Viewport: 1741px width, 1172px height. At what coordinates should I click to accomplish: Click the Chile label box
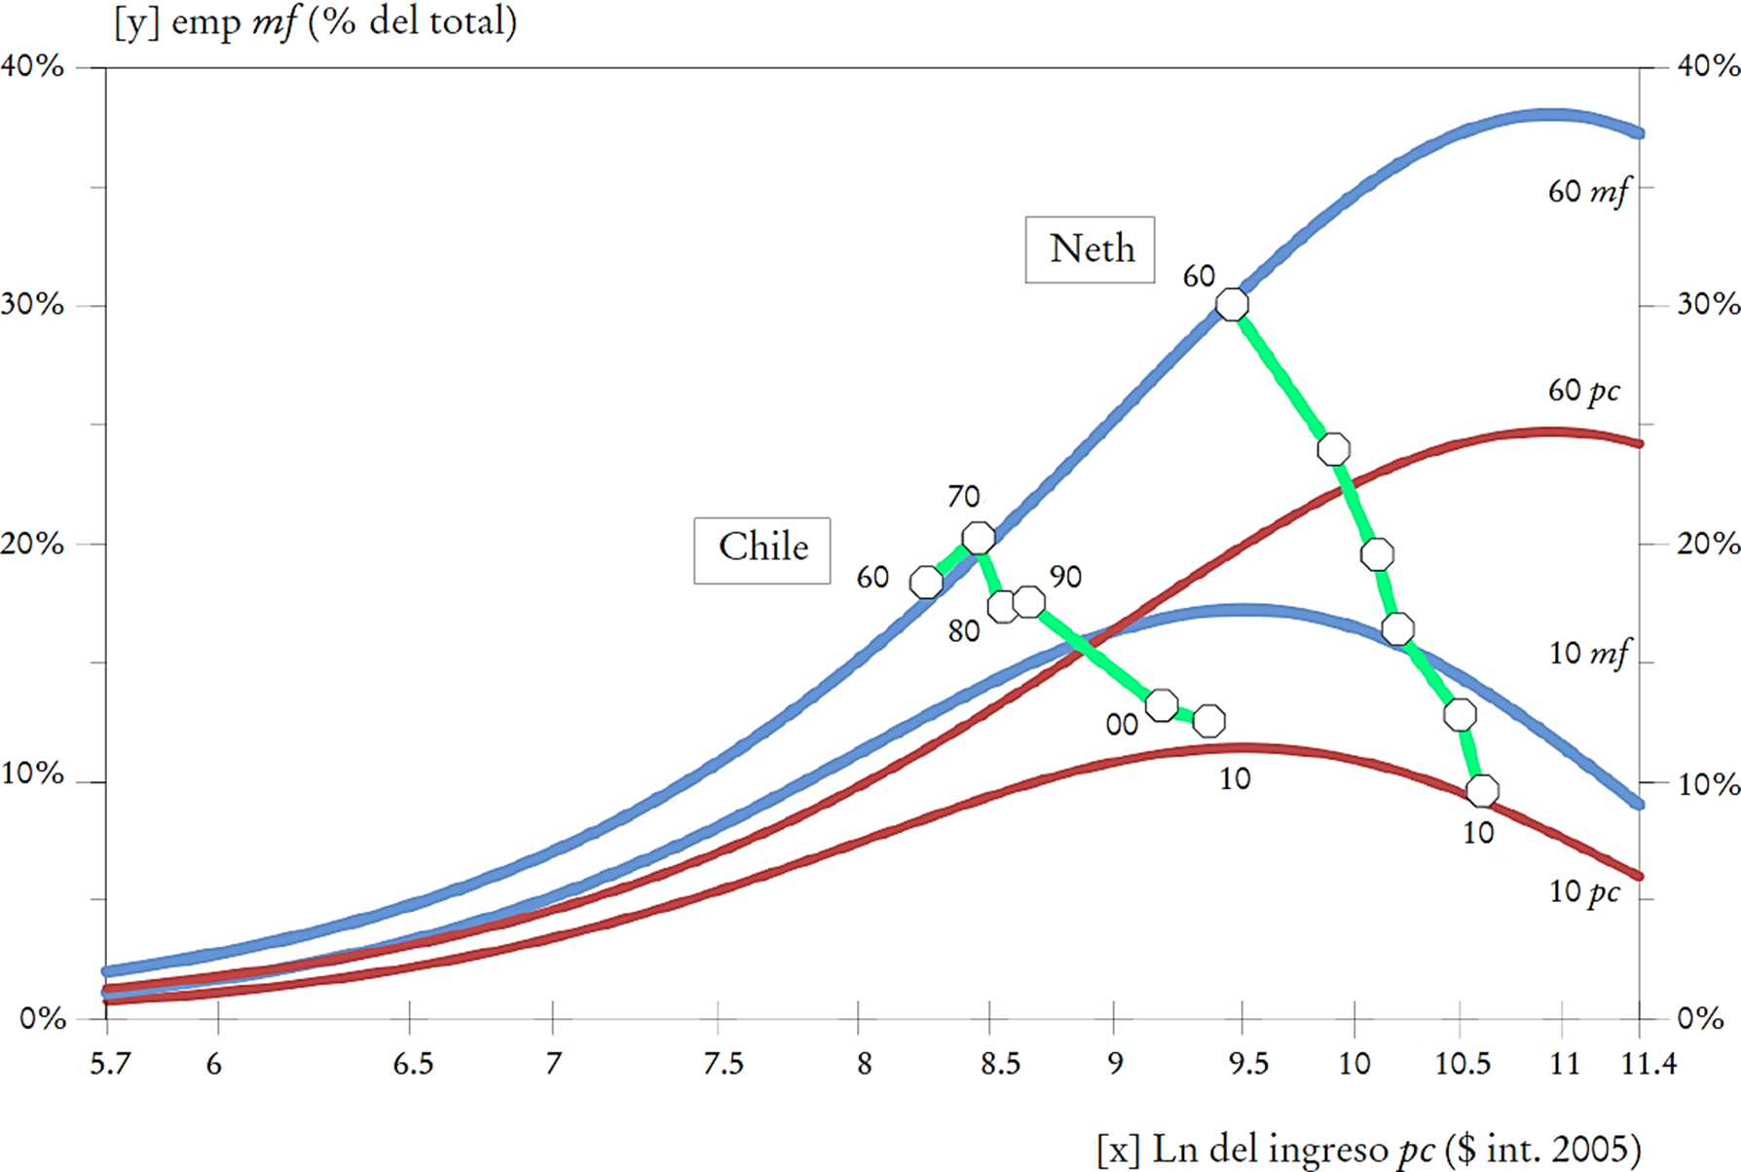[x=761, y=549]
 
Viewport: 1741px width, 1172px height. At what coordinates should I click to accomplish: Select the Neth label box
[x=1090, y=249]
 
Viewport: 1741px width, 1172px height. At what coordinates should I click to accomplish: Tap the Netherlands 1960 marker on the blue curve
[x=1232, y=305]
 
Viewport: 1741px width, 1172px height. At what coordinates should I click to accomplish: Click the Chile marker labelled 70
[x=979, y=538]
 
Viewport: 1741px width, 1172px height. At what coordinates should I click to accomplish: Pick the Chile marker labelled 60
[x=926, y=583]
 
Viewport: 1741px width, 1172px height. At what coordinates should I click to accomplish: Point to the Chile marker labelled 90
[x=1029, y=602]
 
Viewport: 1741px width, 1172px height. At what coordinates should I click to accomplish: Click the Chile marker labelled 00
[x=1162, y=704]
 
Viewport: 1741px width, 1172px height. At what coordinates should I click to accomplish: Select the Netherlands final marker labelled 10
[x=1482, y=790]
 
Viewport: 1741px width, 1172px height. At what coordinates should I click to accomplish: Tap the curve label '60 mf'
[x=1587, y=192]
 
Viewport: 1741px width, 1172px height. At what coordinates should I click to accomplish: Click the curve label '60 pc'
[x=1584, y=391]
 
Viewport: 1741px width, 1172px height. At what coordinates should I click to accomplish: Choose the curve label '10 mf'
[x=1587, y=653]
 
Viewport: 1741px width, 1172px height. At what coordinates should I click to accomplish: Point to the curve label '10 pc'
[x=1584, y=891]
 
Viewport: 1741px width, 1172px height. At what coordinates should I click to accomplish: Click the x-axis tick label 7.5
[x=722, y=1064]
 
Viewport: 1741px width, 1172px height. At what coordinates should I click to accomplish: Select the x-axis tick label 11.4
[x=1648, y=1064]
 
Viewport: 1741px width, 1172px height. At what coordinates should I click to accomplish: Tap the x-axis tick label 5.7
[x=110, y=1064]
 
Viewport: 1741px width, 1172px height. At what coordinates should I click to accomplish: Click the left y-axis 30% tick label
[x=33, y=304]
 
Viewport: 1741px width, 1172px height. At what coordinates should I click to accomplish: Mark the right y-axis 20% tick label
[x=1708, y=544]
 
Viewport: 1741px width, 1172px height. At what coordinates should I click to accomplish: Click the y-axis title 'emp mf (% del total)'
[x=315, y=21]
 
